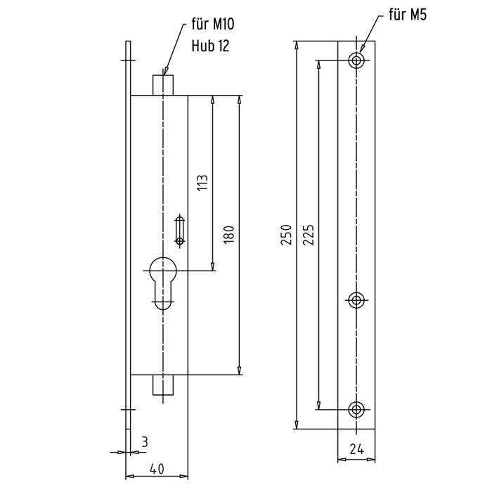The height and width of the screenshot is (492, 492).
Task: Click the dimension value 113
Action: (203, 183)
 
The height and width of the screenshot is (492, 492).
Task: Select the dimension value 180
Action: (229, 234)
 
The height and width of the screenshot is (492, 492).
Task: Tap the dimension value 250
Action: (287, 234)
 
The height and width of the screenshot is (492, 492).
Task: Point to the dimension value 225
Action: (309, 234)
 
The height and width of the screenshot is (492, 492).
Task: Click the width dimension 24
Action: (357, 450)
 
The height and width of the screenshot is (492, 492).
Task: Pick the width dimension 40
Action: (157, 469)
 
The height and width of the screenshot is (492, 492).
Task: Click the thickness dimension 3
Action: (144, 442)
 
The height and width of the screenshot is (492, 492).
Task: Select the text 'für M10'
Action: (213, 24)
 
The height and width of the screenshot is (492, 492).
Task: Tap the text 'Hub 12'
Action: (211, 46)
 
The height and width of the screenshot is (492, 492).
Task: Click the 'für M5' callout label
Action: (408, 15)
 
